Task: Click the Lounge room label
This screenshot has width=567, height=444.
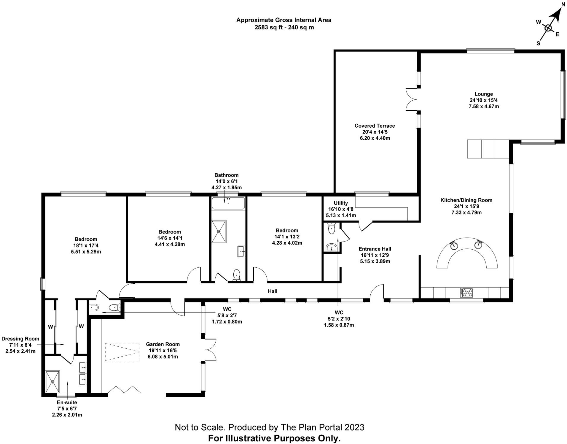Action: pos(483,94)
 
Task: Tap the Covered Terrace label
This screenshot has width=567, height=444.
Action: pos(375,126)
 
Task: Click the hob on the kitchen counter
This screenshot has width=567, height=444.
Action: pos(466,293)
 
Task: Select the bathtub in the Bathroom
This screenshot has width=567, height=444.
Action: pos(228,204)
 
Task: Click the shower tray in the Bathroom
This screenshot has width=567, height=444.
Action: pos(219,231)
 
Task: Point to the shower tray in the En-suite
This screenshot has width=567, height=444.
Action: pos(52,382)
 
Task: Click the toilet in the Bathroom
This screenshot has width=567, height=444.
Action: pos(236,275)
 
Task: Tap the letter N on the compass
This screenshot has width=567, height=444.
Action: pos(563,4)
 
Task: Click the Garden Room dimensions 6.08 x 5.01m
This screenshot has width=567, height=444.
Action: pos(163,357)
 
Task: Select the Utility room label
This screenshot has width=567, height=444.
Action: pos(341,203)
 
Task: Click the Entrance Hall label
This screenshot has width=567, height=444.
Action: pos(375,249)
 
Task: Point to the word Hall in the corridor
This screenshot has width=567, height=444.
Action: pos(273,291)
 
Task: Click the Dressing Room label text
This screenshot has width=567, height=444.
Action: pos(20,339)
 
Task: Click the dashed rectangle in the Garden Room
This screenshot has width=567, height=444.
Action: pos(122,352)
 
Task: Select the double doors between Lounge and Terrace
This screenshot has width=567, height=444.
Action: pos(412,99)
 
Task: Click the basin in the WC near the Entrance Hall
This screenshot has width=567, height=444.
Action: pos(331,247)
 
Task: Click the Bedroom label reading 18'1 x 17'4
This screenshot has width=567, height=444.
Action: pos(86,245)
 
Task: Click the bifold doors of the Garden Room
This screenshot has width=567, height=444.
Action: pos(124,390)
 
